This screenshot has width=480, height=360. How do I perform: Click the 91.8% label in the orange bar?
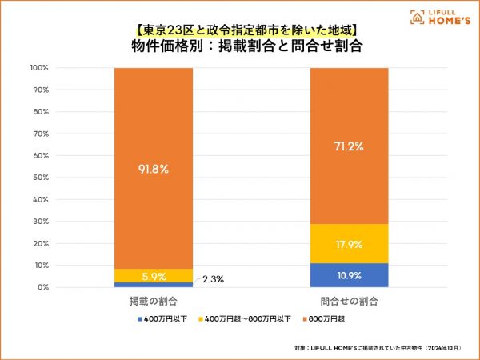tap(154, 169)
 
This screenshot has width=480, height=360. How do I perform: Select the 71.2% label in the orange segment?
tap(349, 146)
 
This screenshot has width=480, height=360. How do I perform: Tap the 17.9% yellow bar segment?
tap(349, 244)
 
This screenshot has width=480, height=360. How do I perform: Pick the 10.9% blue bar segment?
tap(349, 275)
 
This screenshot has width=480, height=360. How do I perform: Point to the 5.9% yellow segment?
tap(154, 276)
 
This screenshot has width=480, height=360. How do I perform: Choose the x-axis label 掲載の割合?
tap(154, 302)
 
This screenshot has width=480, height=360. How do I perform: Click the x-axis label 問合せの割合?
tap(349, 302)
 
